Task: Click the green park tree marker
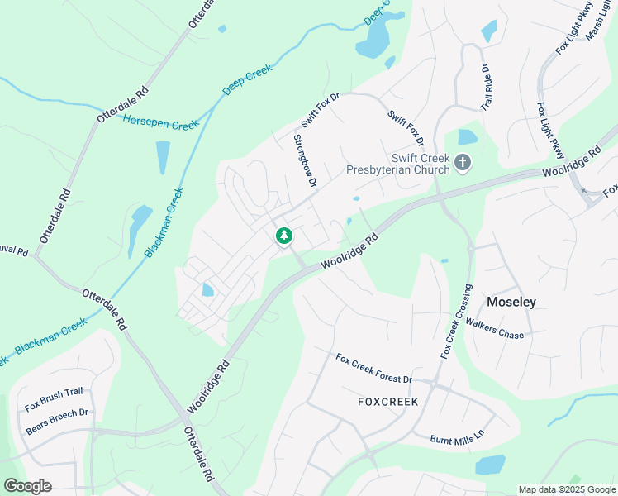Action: (x=284, y=236)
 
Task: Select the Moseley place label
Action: (x=511, y=302)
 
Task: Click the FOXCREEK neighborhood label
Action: (x=388, y=402)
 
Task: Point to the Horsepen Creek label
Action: (x=161, y=123)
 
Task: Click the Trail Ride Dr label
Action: (x=487, y=89)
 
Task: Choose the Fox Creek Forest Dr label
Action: (x=373, y=369)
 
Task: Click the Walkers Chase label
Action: (x=495, y=328)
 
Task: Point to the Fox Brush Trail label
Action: (x=54, y=400)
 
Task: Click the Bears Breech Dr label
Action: (x=57, y=422)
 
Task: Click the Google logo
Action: (x=27, y=486)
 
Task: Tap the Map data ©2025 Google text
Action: (x=568, y=489)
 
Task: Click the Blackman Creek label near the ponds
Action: (x=164, y=222)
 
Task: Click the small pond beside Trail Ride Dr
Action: (x=489, y=31)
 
